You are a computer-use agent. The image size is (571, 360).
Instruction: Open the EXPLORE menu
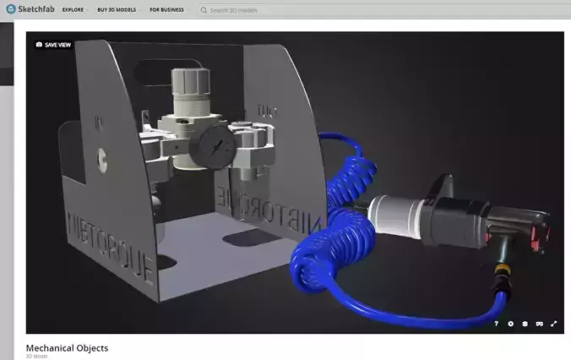(73, 10)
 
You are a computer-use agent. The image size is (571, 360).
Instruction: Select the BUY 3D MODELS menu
(117, 10)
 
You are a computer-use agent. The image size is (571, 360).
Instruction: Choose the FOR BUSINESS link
(169, 10)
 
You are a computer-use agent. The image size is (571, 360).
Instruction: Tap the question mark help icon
(496, 324)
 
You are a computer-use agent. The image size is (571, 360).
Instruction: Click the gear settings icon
(510, 324)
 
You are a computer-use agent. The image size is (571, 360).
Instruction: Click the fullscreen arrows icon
(554, 324)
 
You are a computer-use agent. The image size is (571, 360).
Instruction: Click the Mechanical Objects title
(67, 347)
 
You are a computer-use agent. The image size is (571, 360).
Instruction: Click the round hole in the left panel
(102, 155)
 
